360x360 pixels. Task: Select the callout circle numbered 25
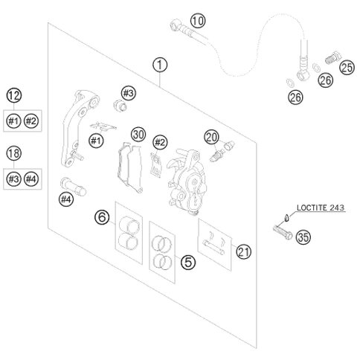(347, 68)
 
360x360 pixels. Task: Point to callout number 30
(137, 134)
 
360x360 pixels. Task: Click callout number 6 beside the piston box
(101, 217)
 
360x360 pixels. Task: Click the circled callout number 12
(14, 95)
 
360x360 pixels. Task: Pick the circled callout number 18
(14, 153)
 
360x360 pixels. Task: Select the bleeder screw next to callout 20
(217, 155)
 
